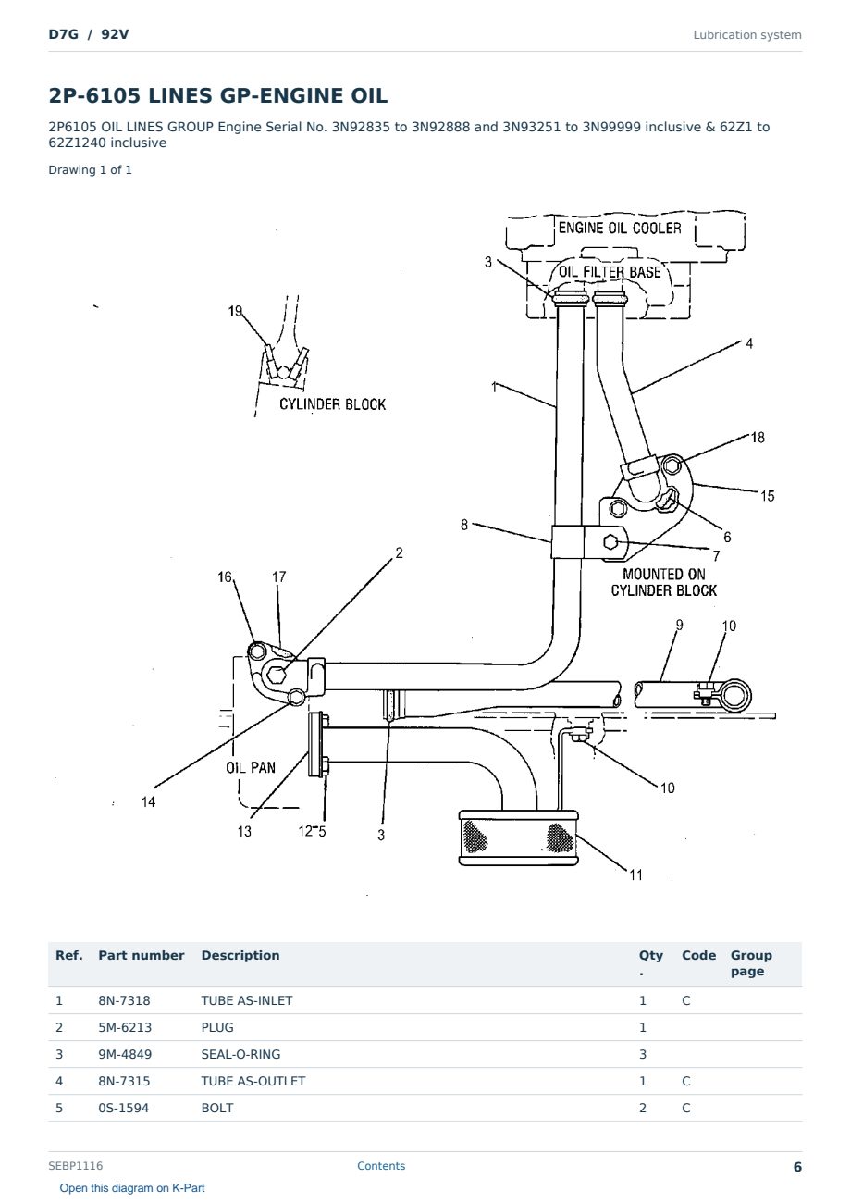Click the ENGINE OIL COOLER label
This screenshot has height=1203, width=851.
(620, 228)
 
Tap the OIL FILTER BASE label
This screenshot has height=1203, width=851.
(610, 272)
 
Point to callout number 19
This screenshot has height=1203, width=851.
(235, 311)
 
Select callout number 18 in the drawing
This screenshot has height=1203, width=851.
(758, 438)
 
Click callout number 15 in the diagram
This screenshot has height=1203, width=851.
(768, 496)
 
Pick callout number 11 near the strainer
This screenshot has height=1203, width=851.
(636, 875)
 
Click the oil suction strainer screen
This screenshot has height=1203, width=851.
(518, 837)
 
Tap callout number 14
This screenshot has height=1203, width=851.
(148, 801)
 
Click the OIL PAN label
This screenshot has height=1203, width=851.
(251, 767)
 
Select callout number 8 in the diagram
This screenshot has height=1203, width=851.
(464, 525)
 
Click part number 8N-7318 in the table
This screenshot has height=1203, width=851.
(124, 1001)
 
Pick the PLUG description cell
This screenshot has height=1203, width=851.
(217, 1028)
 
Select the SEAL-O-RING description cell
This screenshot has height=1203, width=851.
(240, 1055)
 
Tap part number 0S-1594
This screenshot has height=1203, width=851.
(124, 1109)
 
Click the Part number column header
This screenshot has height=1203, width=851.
(142, 955)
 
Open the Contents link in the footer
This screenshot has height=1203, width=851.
(381, 1166)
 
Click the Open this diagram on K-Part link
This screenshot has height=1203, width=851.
(132, 1188)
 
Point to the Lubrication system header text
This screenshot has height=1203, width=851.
(747, 35)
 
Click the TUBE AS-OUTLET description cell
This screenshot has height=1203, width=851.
(253, 1082)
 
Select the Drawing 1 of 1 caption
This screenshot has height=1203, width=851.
(91, 170)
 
